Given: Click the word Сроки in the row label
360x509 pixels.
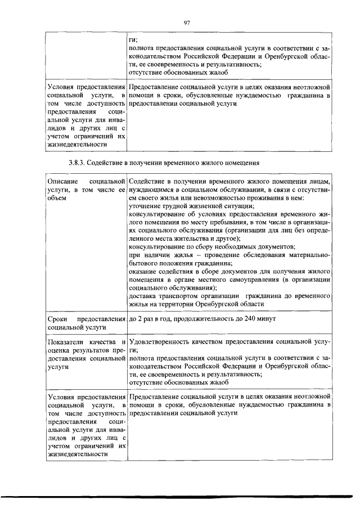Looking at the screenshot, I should tap(58, 319).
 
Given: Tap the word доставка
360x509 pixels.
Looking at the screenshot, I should tap(143, 295).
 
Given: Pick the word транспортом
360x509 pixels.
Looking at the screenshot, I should tap(181, 295).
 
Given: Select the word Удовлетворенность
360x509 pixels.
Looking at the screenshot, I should tap(163, 341).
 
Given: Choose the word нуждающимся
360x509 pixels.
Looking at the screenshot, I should tap(151, 191).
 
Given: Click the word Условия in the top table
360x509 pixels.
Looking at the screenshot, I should tap(63, 88).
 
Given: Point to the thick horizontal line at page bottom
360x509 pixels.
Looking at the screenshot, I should tap(180, 497).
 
